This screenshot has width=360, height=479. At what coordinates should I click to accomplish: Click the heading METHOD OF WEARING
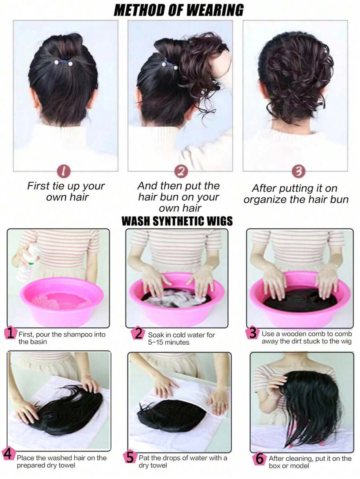178,10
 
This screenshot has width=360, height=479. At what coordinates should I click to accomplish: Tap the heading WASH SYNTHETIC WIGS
177,221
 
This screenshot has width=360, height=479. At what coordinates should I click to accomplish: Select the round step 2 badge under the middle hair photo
181,172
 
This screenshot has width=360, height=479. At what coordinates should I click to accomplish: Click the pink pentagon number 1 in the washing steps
11,333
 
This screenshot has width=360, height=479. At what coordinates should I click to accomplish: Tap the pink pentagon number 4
8,454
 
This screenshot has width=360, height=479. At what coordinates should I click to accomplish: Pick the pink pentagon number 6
259,459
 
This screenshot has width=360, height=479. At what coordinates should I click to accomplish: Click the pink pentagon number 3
252,333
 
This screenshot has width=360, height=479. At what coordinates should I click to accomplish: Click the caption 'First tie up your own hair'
66,191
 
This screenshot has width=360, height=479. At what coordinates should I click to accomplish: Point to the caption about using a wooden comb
306,337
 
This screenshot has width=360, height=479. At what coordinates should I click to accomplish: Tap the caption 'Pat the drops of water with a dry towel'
183,461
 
